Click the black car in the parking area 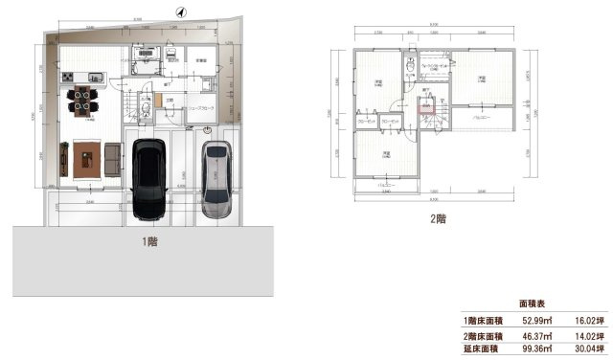pos(149,177)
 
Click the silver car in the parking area pos(217,182)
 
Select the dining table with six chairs pos(81,100)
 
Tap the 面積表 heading pos(533,301)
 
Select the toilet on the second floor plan pos(411,70)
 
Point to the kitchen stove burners pos(69,77)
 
